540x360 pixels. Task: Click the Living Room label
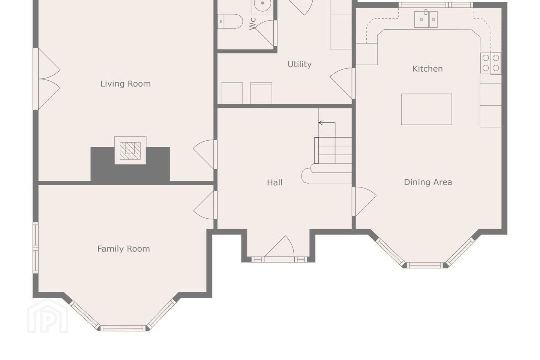click(125, 84)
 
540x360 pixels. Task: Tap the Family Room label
click(123, 249)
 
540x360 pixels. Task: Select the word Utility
click(299, 64)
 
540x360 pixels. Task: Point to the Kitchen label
click(427, 69)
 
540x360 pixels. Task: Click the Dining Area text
click(428, 182)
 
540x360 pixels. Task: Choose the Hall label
click(274, 183)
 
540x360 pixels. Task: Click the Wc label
click(253, 24)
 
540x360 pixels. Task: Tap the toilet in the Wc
click(230, 21)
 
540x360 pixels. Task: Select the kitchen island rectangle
click(426, 109)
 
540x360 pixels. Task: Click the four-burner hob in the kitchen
click(491, 63)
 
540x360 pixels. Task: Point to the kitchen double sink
click(426, 19)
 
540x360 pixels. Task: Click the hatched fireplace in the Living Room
click(130, 151)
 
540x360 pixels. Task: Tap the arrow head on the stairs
click(320, 123)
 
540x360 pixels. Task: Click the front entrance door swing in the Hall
click(279, 247)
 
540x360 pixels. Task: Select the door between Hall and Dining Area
click(364, 201)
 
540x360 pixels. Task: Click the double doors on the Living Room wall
click(47, 79)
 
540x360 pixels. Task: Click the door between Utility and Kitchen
click(342, 83)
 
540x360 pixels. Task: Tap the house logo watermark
click(48, 316)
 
